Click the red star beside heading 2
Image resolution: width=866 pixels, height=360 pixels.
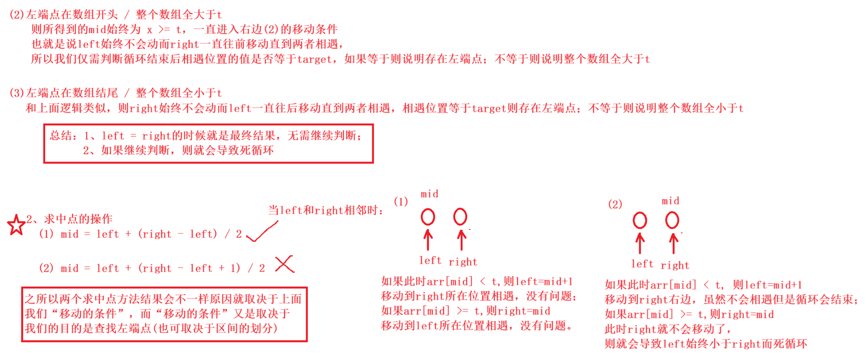tap(16, 225)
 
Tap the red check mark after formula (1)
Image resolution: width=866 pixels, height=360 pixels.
tap(262, 232)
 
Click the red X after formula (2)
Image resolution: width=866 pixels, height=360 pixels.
tap(285, 264)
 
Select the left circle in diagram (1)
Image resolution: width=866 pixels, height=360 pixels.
tap(428, 217)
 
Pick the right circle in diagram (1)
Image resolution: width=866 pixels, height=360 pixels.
tap(460, 217)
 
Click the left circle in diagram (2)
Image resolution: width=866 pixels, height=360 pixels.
tap(640, 220)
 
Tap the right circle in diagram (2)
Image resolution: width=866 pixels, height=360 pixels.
tap(672, 220)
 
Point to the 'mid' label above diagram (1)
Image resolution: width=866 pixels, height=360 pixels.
tap(429, 194)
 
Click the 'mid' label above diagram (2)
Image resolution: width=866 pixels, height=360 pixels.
tap(670, 201)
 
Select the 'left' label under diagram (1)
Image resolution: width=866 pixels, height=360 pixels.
tap(430, 261)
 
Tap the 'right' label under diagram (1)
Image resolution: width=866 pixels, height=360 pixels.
tap(463, 262)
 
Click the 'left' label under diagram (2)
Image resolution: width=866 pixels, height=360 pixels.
tap(642, 264)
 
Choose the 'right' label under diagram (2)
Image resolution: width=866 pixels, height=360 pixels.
tap(675, 265)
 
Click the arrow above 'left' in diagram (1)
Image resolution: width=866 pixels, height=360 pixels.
tap(428, 240)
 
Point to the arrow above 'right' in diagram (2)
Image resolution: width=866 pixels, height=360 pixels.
tap(673, 244)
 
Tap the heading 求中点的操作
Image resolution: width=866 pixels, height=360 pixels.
tap(78, 219)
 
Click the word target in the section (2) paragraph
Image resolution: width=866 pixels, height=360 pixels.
tap(315, 59)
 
